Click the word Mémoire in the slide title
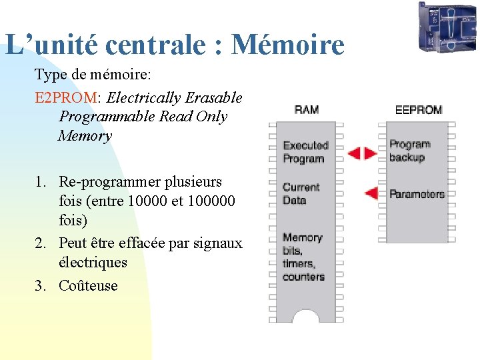click(x=287, y=45)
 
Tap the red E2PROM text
click(x=65, y=98)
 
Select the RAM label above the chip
click(x=306, y=109)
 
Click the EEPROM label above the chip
click(x=418, y=109)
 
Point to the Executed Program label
click(x=305, y=152)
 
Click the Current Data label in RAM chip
click(x=301, y=193)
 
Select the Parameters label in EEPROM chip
click(x=416, y=194)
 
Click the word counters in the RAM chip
click(x=303, y=277)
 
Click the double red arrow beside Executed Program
click(x=362, y=153)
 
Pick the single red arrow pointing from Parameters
click(x=371, y=194)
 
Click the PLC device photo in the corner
click(x=447, y=27)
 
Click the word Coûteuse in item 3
click(x=88, y=286)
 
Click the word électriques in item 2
click(x=93, y=263)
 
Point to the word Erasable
click(x=213, y=98)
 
